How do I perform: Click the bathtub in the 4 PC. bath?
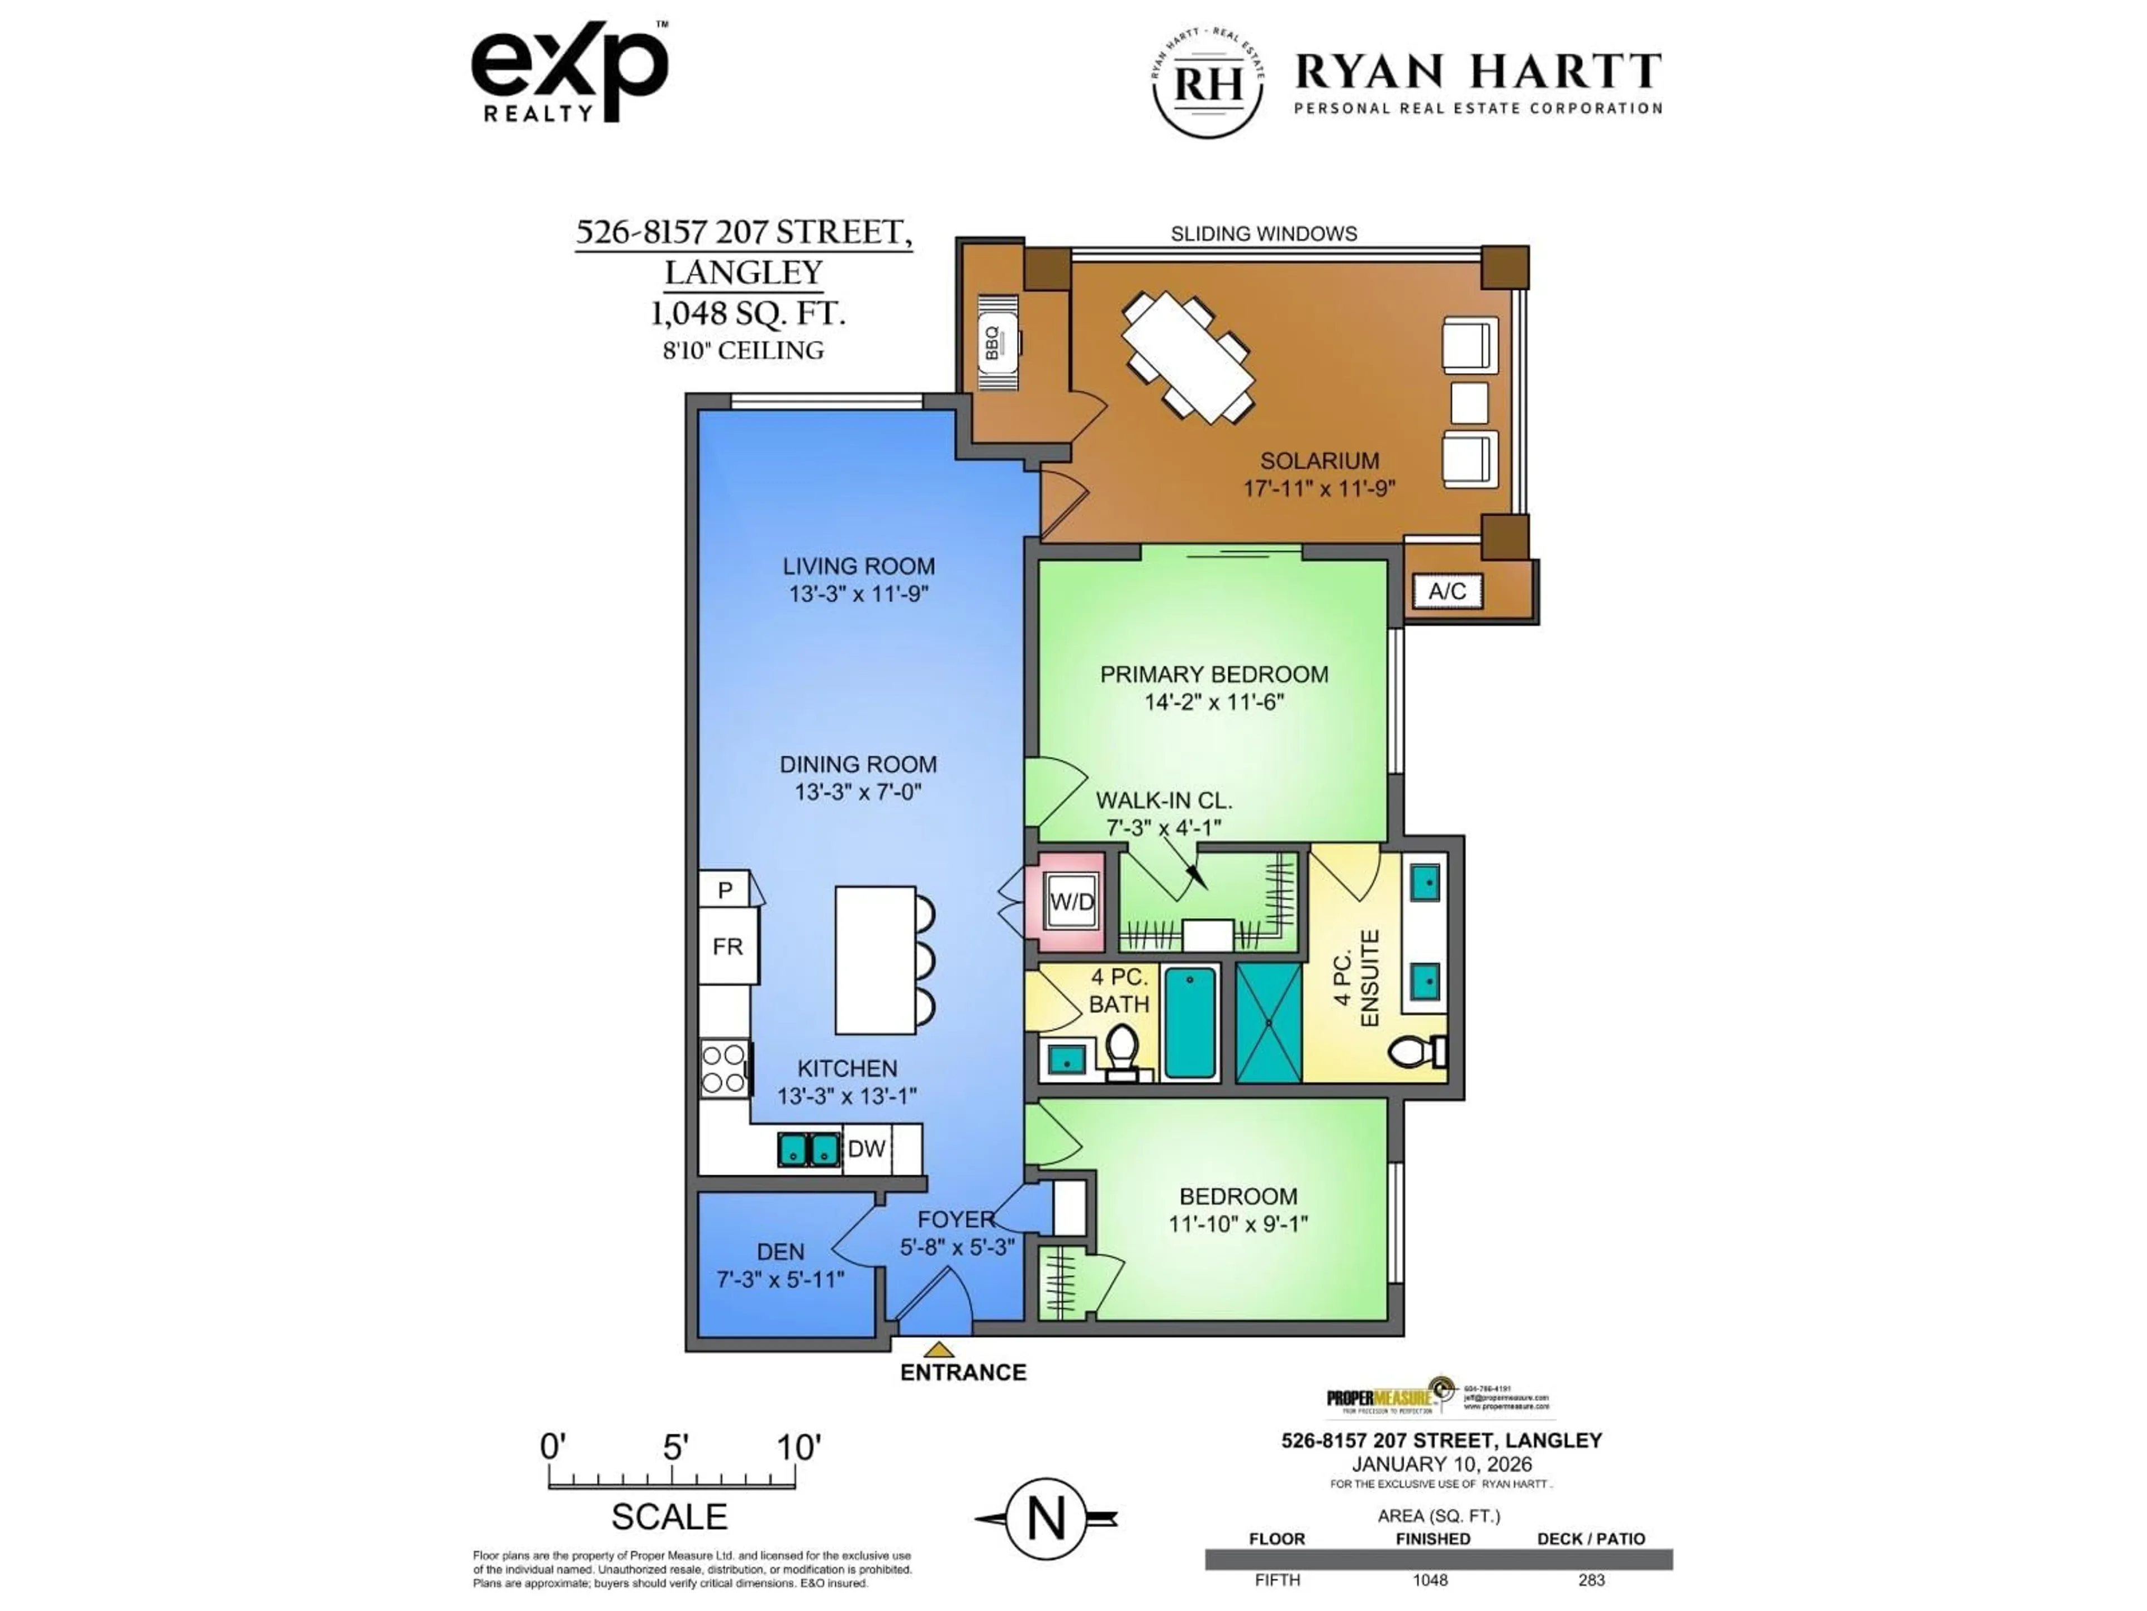pos(1190,1023)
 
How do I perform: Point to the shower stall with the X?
pos(1269,1023)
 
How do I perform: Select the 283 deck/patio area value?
pos(1591,1580)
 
